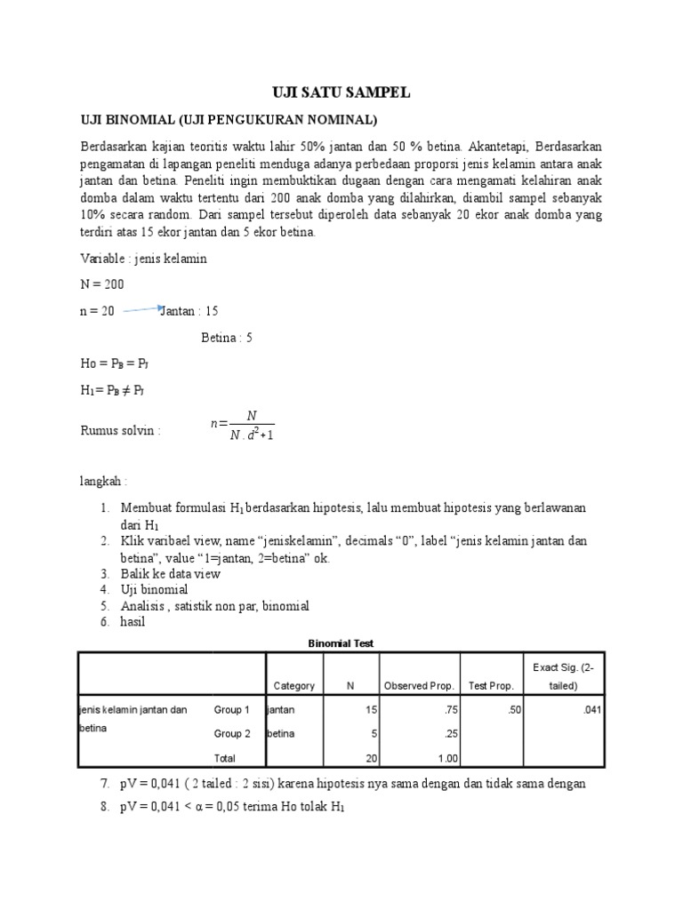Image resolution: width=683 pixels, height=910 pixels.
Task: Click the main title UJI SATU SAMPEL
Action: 341,93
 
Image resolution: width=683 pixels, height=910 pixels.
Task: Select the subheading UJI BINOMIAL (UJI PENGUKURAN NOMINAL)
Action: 229,119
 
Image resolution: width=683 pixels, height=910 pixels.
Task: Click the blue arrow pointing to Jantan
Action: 143,309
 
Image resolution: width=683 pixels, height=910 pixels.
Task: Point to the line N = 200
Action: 102,284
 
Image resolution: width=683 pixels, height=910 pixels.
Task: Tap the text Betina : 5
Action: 227,338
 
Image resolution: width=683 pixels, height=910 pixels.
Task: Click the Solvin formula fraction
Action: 243,425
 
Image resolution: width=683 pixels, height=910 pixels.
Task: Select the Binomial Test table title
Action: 341,643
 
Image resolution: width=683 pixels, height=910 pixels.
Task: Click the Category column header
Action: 294,686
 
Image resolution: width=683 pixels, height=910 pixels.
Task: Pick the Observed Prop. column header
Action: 419,686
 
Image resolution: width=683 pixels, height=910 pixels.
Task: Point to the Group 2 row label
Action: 232,734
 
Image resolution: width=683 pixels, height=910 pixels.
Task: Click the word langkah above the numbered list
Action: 104,481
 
